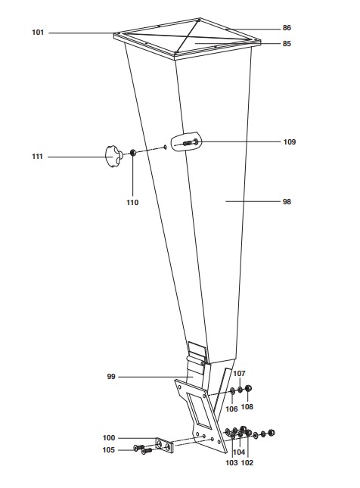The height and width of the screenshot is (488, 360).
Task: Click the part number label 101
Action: (38, 33)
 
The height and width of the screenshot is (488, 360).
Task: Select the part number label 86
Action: (287, 28)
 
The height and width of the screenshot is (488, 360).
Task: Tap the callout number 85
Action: (287, 44)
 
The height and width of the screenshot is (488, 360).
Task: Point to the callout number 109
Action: (290, 142)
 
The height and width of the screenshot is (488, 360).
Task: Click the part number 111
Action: (37, 156)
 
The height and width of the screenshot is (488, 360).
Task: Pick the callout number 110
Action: (132, 202)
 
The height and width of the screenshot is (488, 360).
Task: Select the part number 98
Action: (287, 202)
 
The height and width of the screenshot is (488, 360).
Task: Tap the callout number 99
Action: (111, 377)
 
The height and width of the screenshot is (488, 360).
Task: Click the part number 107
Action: (239, 373)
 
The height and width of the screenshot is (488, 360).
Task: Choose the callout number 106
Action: (231, 409)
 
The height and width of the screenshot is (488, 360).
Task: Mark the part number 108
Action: (247, 406)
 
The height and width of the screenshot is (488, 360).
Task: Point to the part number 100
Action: (109, 438)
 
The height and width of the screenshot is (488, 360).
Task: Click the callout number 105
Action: (109, 449)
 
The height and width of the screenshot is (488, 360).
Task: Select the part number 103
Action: (231, 462)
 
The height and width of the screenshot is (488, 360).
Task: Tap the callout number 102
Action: (247, 462)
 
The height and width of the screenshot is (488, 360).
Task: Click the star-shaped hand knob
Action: (113, 156)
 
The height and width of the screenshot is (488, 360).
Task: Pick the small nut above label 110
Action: (132, 152)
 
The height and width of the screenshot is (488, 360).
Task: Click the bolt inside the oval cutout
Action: (190, 142)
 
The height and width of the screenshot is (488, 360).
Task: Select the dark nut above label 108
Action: (248, 388)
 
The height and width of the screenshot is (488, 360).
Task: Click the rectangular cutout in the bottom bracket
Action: (199, 409)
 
